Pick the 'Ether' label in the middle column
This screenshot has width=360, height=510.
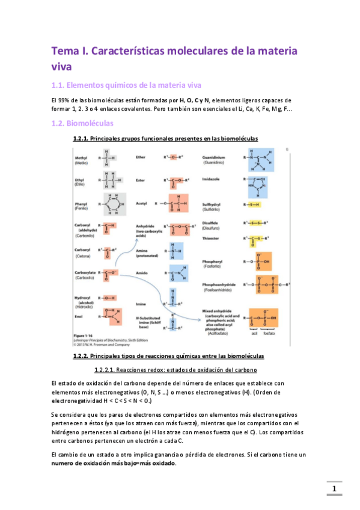point(142,156)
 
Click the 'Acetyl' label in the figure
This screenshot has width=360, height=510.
point(142,203)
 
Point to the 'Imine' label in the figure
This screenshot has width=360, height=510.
point(142,304)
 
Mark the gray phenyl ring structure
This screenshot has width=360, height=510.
point(113,204)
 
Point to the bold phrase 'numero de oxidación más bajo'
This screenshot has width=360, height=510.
point(114,464)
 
